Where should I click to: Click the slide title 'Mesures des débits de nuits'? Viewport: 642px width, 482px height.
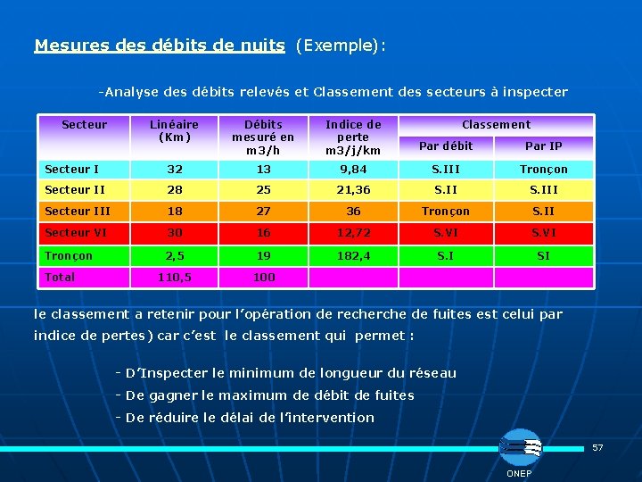(x=160, y=45)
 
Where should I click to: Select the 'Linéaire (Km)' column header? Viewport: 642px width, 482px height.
(x=174, y=131)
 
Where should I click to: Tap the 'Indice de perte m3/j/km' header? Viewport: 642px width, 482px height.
(x=353, y=137)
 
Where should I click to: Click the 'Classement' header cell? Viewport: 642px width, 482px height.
(x=496, y=125)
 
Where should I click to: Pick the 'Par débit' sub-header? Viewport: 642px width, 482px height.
(x=446, y=145)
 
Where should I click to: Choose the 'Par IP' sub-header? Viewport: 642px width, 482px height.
(x=543, y=145)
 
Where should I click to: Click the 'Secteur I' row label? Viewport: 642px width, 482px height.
(x=72, y=169)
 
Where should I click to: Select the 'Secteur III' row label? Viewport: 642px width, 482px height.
(x=78, y=212)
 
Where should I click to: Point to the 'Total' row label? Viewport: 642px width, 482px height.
(x=61, y=277)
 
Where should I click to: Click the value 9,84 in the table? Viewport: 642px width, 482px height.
(x=353, y=169)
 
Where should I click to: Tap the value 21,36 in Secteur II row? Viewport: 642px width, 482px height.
(x=353, y=190)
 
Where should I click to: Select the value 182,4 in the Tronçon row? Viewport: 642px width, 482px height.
(x=353, y=255)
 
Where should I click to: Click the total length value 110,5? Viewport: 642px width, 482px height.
(x=174, y=277)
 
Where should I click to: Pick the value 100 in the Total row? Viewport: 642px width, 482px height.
(x=263, y=277)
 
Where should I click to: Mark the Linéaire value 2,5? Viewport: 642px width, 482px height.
(x=174, y=255)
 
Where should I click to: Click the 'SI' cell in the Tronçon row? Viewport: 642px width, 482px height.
(x=543, y=255)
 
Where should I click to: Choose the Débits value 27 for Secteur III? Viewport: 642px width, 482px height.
(x=263, y=212)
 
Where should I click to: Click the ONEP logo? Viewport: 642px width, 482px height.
(x=519, y=447)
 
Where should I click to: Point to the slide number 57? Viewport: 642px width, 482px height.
(x=598, y=446)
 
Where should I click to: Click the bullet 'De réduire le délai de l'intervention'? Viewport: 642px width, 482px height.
(x=250, y=418)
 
